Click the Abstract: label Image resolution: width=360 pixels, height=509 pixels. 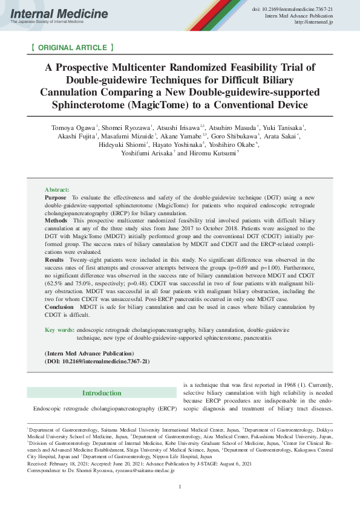tap(57, 190)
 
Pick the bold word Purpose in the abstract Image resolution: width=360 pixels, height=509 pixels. tap(56, 198)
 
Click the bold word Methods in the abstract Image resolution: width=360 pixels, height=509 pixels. tap(56, 221)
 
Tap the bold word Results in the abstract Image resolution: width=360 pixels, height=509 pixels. tap(54, 258)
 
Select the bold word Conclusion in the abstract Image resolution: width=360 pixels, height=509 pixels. tap(59, 307)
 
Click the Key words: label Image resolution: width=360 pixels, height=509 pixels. tap(60, 330)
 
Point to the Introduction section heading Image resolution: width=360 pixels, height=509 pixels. tap(102, 393)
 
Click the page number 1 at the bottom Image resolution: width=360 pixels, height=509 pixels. tap(180, 487)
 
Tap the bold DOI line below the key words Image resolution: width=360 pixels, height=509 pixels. tap(97, 361)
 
